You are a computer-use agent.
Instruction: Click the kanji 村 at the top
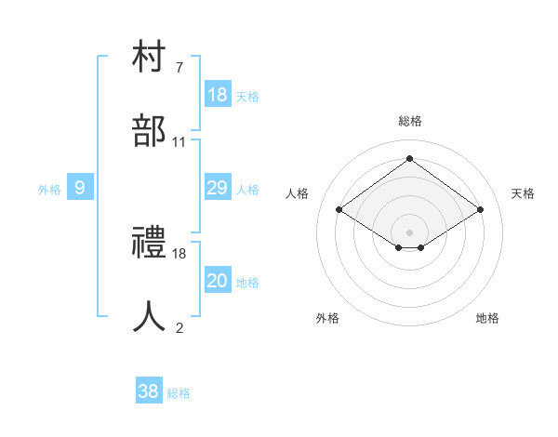150,58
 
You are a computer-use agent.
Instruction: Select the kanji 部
150,131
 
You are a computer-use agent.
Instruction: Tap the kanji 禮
150,244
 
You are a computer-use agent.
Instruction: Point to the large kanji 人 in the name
150,317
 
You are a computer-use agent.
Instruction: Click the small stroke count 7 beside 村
179,68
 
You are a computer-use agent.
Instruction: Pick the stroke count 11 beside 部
179,141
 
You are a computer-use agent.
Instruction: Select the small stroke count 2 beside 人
179,327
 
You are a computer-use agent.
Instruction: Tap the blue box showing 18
218,95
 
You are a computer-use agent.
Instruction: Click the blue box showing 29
218,188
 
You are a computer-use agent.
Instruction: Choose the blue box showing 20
218,281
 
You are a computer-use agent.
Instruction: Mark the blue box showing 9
80,188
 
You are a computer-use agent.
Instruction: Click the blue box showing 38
148,391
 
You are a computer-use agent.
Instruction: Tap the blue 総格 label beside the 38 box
179,393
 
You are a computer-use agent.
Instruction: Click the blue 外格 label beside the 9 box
49,189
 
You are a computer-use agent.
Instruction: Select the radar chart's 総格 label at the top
410,121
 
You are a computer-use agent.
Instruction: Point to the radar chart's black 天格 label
523,193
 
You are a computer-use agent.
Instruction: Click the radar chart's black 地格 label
487,318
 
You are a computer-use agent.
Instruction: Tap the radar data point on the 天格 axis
480,210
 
